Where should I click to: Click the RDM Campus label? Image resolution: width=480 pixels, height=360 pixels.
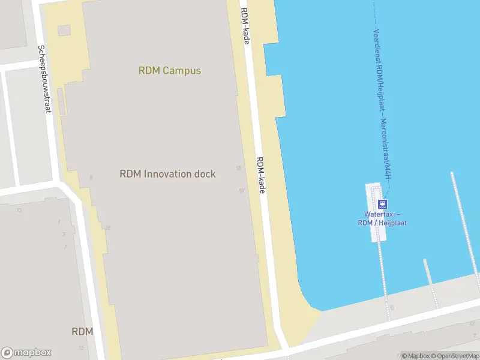(170, 70)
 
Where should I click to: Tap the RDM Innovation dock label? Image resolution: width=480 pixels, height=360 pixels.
(167, 174)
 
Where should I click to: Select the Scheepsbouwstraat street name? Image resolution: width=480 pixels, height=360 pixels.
(45, 79)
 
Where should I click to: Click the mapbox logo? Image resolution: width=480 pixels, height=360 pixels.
(26, 353)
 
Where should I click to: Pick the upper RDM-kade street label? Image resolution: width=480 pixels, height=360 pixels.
(245, 25)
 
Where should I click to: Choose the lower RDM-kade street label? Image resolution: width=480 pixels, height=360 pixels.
(261, 175)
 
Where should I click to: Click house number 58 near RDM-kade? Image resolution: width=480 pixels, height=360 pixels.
(239, 169)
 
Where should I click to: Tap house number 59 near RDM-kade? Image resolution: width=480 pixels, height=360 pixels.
(241, 191)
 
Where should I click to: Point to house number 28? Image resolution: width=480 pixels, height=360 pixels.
(108, 227)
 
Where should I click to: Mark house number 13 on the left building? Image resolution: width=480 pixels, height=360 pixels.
(19, 210)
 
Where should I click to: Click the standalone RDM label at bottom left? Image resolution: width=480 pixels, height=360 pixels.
(82, 331)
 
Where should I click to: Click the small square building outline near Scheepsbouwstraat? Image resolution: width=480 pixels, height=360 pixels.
(64, 30)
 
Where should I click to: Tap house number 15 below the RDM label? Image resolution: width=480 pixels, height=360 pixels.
(80, 347)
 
